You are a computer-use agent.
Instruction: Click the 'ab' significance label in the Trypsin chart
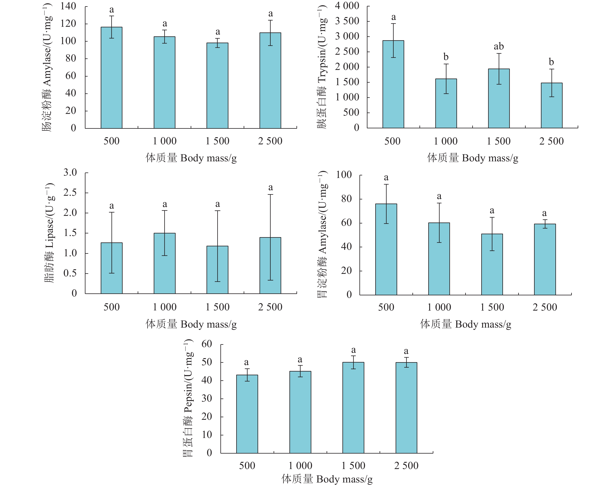click(x=499, y=46)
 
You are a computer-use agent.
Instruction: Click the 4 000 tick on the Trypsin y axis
click(x=347, y=6)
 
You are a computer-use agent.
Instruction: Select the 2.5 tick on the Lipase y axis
click(x=70, y=193)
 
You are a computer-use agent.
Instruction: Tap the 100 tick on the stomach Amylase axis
click(x=344, y=175)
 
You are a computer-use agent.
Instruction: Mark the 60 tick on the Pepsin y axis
click(x=207, y=344)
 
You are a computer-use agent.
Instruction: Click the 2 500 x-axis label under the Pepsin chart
click(x=406, y=466)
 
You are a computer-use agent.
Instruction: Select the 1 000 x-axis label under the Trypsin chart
click(x=445, y=141)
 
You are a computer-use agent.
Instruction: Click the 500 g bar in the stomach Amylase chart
click(x=386, y=249)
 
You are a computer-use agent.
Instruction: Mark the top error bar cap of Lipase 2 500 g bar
click(x=270, y=195)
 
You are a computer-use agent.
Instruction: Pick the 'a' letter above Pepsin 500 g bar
click(x=246, y=362)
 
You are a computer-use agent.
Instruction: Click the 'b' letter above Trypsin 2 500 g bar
click(x=551, y=62)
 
